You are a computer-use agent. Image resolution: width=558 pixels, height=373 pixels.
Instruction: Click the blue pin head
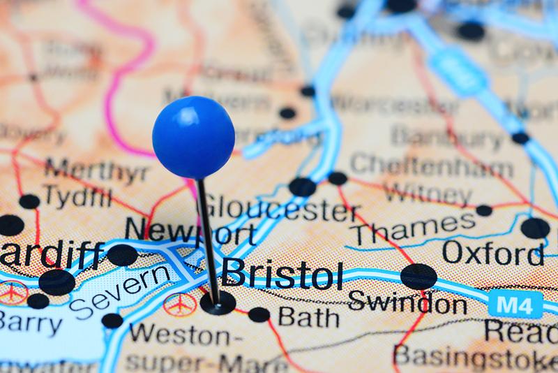[x=193, y=138]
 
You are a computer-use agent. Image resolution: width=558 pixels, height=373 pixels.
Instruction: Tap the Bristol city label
[x=283, y=274]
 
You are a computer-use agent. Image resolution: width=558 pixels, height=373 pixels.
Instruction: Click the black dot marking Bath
[x=259, y=314]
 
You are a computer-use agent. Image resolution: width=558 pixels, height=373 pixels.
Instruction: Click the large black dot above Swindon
[x=418, y=276]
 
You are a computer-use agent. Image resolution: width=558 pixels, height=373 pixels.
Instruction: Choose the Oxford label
[x=492, y=254]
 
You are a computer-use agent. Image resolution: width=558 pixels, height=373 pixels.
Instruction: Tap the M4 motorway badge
[x=515, y=305]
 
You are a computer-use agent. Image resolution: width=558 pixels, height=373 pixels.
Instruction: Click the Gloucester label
[x=280, y=207]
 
